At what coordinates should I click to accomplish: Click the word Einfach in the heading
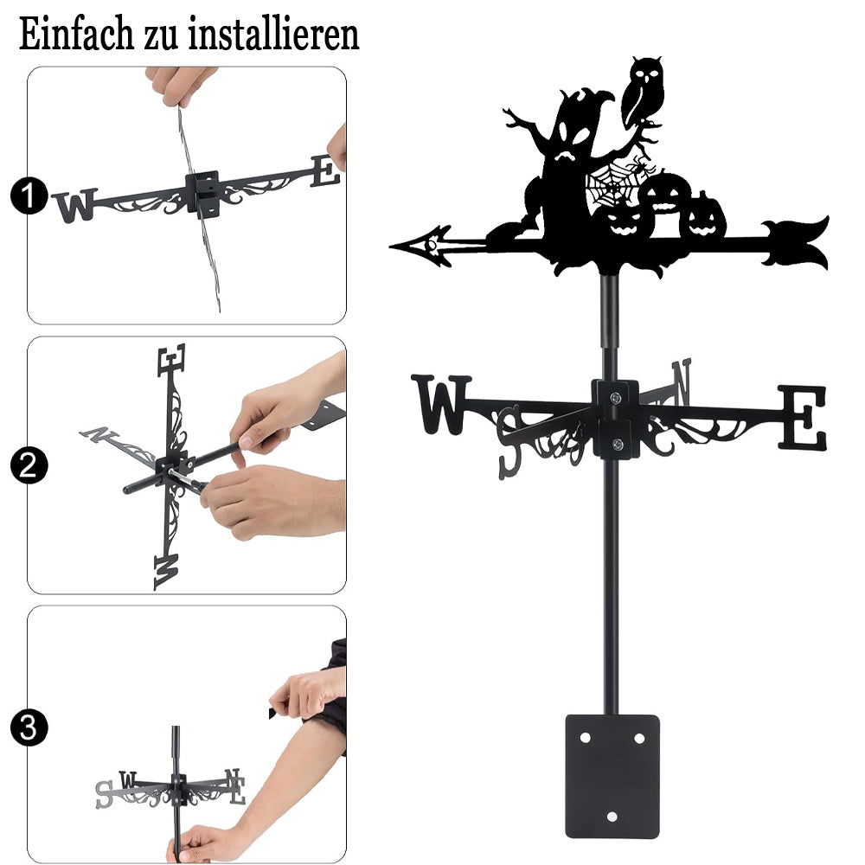click(76, 34)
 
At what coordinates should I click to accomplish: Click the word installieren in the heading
click(273, 34)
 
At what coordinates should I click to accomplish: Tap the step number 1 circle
click(29, 195)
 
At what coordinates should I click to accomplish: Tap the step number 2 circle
click(29, 465)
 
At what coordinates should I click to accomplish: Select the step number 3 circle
click(29, 727)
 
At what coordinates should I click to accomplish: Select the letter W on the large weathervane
click(441, 404)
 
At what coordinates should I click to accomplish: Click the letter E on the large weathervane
click(804, 417)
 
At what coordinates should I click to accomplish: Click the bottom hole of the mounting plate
click(612, 817)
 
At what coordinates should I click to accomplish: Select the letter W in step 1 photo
click(75, 205)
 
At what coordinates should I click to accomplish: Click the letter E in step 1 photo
click(325, 170)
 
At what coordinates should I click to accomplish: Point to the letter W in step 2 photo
click(167, 572)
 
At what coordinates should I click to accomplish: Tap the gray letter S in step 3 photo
click(104, 795)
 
